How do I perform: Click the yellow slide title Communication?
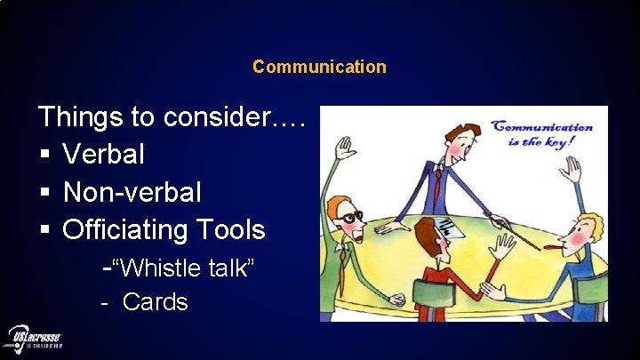pos(319,67)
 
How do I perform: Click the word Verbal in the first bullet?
pos(103,154)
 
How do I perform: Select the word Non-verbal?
pos(132,192)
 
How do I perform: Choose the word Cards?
pos(155,302)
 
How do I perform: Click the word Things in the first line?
pos(81,116)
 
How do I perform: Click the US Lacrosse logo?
pos(36,339)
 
